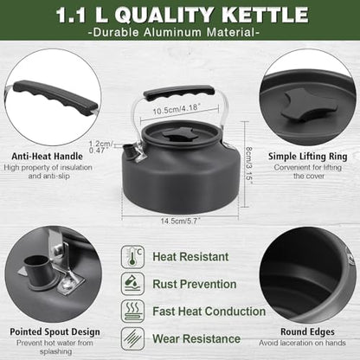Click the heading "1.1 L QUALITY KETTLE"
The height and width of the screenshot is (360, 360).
pos(180,15)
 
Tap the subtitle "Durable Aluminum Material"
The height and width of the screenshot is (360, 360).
pos(180,33)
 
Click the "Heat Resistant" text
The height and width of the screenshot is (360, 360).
pos(191,257)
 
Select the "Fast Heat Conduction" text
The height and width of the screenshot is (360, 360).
pos(209,311)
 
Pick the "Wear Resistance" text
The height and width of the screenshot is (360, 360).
pos(197,338)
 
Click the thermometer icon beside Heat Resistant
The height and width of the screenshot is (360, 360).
pos(133,257)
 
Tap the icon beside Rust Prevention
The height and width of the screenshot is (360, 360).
pos(133,284)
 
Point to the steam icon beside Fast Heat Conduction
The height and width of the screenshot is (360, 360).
pos(133,311)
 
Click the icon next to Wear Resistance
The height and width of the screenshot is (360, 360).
pos(133,338)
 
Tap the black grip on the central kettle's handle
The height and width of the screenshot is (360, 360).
pos(179,92)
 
